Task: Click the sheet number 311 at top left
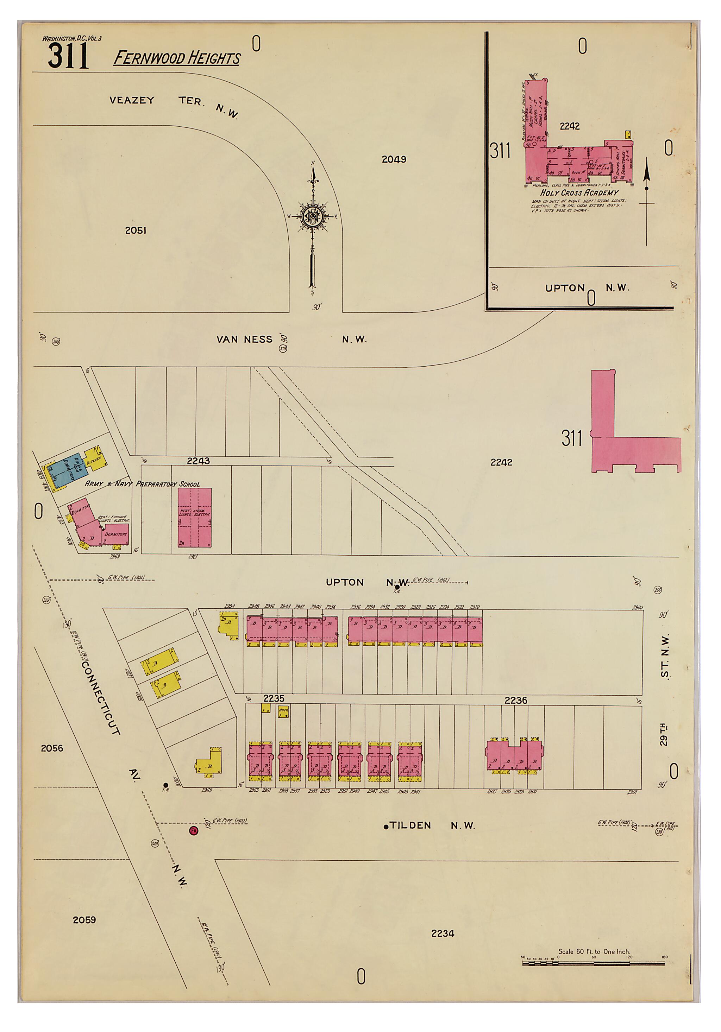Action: click(68, 57)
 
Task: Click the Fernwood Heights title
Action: click(176, 58)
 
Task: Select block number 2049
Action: click(394, 159)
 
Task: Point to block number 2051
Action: click(136, 230)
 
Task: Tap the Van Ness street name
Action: click(244, 339)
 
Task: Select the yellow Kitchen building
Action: click(96, 459)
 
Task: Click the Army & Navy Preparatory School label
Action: click(142, 484)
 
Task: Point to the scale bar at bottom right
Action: click(594, 963)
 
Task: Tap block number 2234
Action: click(443, 933)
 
